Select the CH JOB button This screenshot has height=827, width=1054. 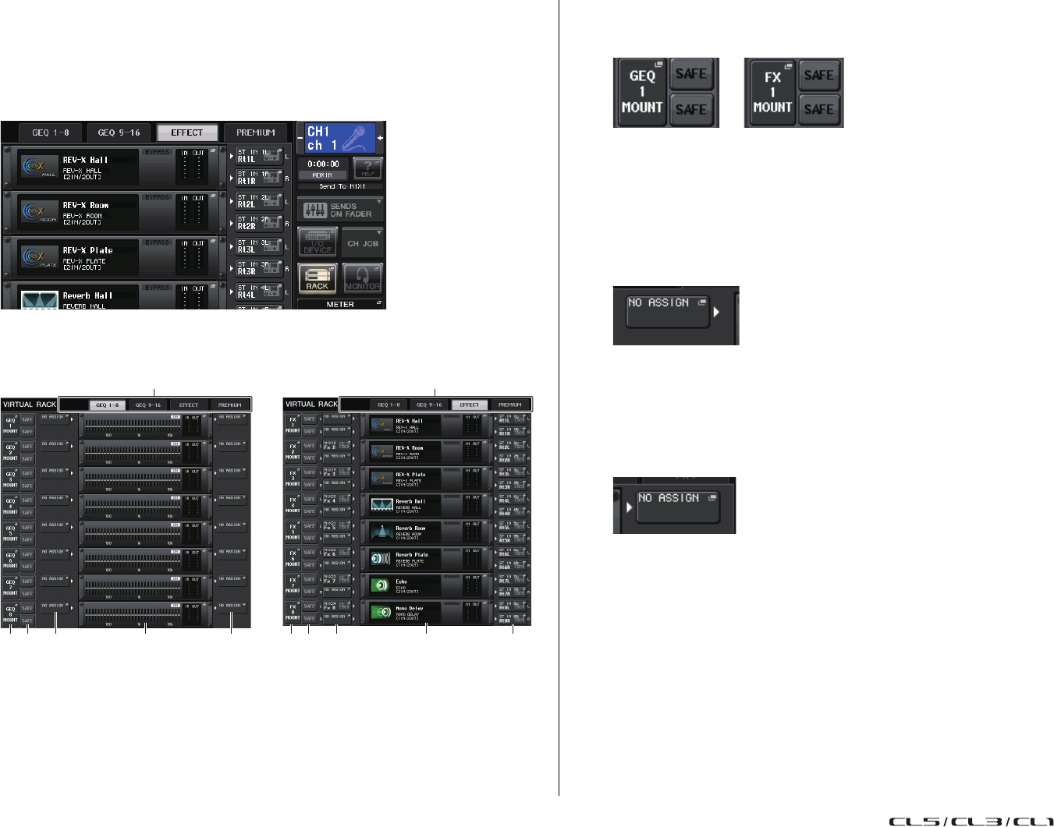point(363,243)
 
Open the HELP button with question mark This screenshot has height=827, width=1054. point(367,168)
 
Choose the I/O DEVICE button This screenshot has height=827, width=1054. point(318,242)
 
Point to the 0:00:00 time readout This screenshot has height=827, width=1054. point(323,164)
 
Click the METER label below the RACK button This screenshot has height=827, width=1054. point(340,305)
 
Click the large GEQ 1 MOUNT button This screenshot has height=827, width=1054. point(641,92)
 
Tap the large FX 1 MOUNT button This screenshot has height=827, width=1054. point(772,92)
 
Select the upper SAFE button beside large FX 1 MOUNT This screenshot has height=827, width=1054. point(819,76)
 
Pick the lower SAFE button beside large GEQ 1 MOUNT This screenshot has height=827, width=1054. point(690,110)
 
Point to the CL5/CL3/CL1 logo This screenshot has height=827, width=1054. point(971,821)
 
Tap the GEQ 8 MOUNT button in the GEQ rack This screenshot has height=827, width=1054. point(10,613)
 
